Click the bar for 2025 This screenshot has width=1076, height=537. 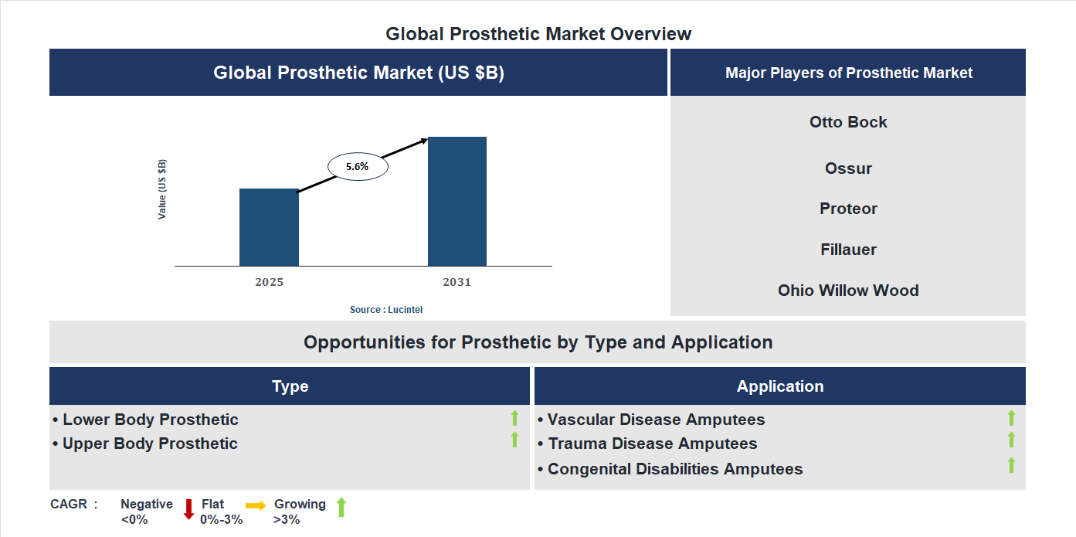pos(269,227)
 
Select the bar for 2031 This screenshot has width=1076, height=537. pos(457,202)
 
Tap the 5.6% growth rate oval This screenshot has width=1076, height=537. pos(358,166)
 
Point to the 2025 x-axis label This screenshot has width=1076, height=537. pos(269,282)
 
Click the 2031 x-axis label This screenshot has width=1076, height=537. pos(457,282)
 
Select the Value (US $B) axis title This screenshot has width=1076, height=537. pos(162,189)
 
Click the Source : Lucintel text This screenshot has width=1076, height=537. pos(386,310)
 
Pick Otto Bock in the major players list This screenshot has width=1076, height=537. pos(848,122)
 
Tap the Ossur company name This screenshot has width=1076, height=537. pos(848,168)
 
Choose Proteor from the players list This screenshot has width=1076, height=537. pos(848,209)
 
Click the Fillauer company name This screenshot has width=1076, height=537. pos(848,250)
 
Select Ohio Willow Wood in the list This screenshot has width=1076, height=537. pos(848,291)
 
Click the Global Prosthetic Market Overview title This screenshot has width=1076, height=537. pos(538,34)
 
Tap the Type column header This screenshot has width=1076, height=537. pos(290,386)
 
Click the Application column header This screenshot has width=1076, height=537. pos(780,386)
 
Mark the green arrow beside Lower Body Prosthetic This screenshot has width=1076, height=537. pos(514,419)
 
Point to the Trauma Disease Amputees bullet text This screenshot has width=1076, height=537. pos(653,444)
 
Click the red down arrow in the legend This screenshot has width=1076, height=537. pos(188,509)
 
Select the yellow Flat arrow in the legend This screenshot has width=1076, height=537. pos(256,505)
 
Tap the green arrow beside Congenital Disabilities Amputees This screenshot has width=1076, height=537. pos(1011,465)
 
